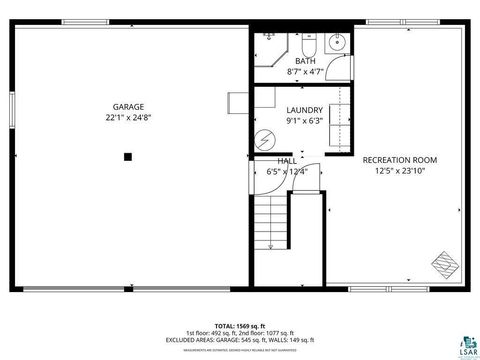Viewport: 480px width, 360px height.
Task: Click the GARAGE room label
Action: click(x=127, y=106)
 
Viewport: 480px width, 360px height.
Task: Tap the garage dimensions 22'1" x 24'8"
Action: click(x=127, y=118)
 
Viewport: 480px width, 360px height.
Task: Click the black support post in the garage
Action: click(x=127, y=156)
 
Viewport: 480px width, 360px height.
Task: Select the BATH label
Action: click(x=305, y=61)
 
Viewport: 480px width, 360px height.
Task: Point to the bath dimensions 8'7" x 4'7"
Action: click(x=305, y=72)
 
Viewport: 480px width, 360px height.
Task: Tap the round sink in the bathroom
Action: click(x=337, y=42)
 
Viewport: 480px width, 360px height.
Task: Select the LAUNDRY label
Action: click(x=304, y=110)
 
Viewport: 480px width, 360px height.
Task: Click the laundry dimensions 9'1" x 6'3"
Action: click(x=304, y=122)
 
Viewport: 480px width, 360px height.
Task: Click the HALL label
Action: click(x=287, y=160)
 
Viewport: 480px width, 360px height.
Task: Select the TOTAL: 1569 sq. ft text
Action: click(x=239, y=326)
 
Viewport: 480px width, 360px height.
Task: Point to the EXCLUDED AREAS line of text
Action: click(x=239, y=340)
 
